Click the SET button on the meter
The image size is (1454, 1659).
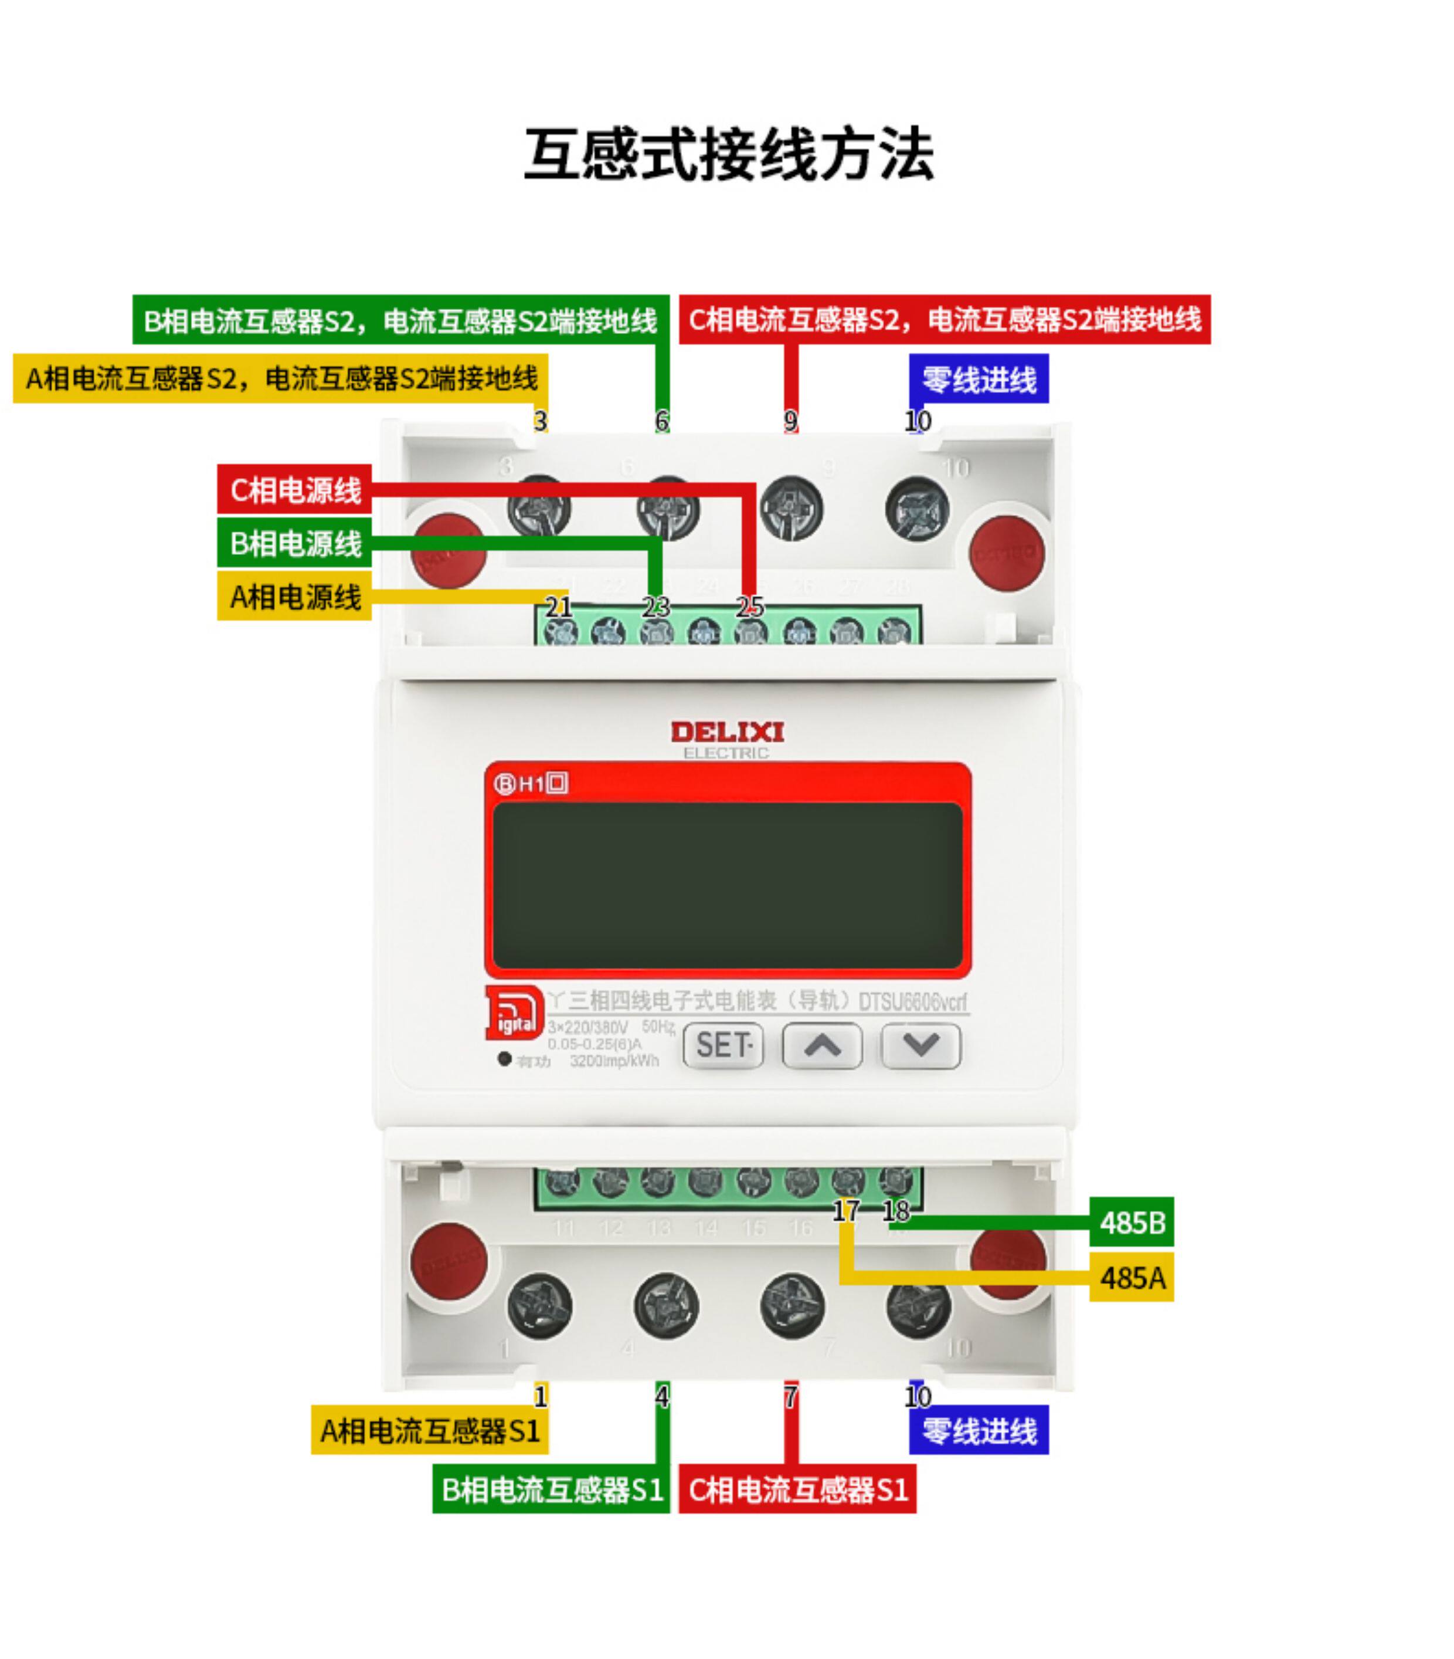(723, 1045)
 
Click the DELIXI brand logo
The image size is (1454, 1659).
(727, 732)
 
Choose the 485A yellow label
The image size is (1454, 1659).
(1131, 1278)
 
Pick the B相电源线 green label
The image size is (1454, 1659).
(294, 543)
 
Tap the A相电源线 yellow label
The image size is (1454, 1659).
(294, 597)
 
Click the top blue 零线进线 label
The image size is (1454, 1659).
(979, 379)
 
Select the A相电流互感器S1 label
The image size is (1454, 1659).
(429, 1431)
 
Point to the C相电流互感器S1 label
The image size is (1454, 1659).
(797, 1489)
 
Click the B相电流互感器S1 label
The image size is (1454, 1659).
(551, 1489)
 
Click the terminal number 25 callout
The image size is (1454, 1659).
(750, 607)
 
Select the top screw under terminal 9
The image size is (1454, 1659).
(791, 509)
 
